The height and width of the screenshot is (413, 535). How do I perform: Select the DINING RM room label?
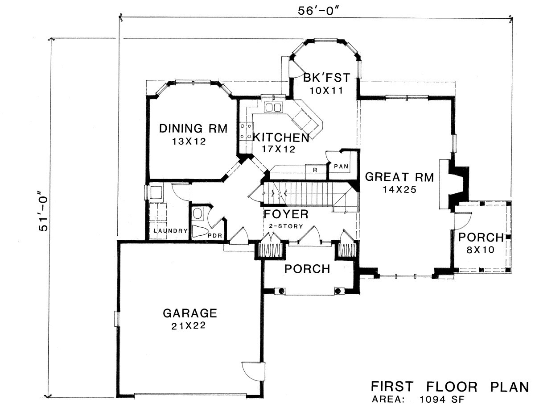pos(193,129)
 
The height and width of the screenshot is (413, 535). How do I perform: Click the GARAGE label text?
pos(190,313)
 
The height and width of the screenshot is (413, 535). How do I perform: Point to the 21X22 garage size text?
pos(189,326)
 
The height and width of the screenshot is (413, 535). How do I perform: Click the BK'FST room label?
pos(326,78)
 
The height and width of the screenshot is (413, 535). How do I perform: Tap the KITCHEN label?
pos(281,138)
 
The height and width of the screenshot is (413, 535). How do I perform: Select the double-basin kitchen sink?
pos(273,108)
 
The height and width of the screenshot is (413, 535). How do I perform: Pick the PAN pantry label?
pos(341,167)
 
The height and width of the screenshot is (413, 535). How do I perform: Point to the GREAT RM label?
pos(399,177)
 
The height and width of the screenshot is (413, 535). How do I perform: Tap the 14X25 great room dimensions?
pos(399,190)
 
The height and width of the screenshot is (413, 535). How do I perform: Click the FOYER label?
pos(286,214)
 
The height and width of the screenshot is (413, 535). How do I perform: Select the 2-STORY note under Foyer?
pos(286,226)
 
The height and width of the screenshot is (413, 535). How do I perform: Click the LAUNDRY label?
pos(170,231)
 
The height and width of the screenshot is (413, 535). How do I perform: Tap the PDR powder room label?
pos(215,235)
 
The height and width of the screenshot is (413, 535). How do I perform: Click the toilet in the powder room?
pos(199,232)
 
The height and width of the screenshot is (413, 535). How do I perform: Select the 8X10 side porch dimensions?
pos(481,250)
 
